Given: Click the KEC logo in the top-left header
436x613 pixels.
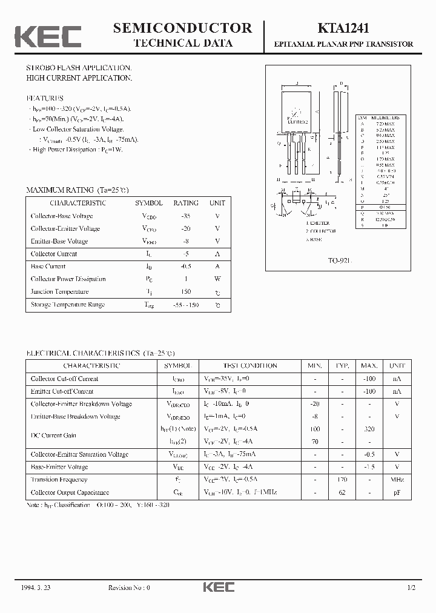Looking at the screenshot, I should click(48, 36).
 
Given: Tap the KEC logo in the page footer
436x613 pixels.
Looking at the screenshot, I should click(217, 587).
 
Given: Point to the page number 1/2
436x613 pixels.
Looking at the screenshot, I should click(411, 588).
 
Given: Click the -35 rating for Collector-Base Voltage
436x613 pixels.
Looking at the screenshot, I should click(186, 216).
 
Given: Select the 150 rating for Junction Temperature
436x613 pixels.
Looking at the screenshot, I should click(186, 292).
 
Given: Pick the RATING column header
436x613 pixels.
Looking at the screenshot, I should click(186, 204).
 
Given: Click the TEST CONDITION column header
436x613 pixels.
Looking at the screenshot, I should click(250, 366).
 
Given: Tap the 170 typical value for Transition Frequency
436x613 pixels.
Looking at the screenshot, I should click(342, 480).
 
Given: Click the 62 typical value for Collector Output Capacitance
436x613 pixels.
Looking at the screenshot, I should click(342, 492).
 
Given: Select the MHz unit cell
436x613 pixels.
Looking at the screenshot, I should click(397, 480).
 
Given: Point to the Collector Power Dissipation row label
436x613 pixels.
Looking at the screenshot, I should click(68, 279).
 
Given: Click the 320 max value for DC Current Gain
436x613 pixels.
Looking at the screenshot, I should click(369, 429).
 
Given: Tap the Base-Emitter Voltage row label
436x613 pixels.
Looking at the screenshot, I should click(59, 467).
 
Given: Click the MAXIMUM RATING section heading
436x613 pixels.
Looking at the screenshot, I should click(78, 190).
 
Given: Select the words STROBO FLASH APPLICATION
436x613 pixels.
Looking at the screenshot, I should click(79, 67).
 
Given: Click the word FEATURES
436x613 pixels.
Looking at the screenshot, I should click(45, 98).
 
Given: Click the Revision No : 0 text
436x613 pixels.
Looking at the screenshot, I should click(128, 588).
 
